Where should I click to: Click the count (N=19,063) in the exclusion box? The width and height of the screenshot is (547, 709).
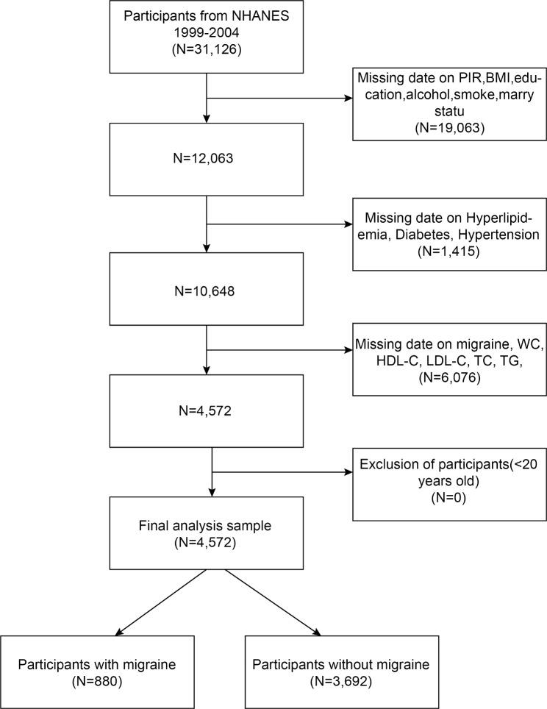[x=448, y=126]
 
